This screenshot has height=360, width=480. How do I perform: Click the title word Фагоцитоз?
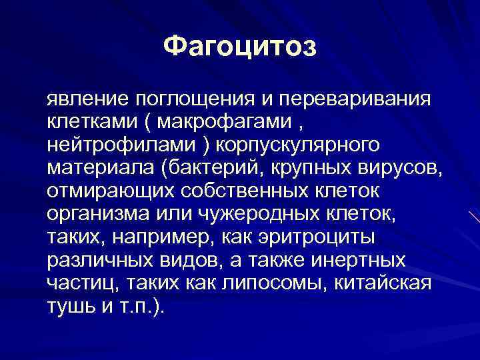241,47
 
